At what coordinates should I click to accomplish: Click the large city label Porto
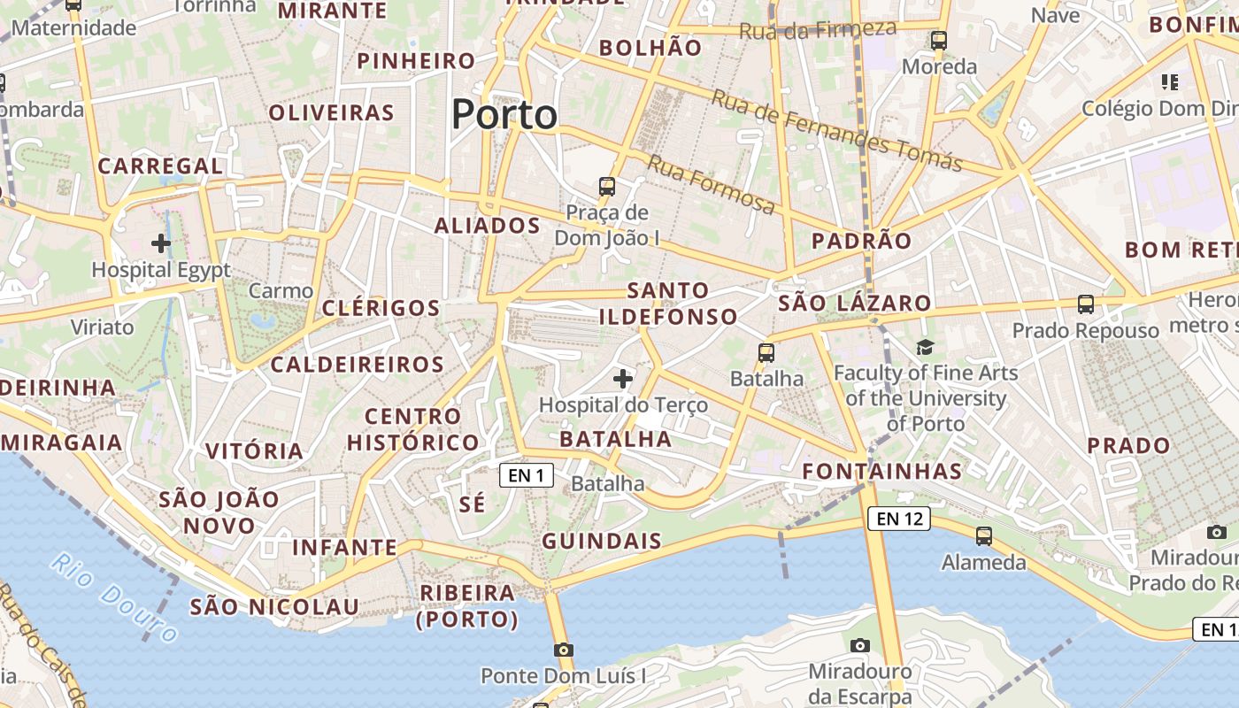pos(504,115)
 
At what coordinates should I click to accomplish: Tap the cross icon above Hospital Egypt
pos(161,242)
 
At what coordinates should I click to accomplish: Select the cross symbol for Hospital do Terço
pos(623,379)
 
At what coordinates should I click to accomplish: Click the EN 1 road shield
pos(526,475)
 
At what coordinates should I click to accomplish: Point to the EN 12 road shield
pos(899,519)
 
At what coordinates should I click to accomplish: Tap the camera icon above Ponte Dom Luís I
pos(564,650)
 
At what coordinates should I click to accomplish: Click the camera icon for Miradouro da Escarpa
pos(859,645)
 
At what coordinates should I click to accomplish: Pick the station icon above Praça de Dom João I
pos(607,186)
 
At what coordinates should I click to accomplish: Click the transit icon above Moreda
pos(939,41)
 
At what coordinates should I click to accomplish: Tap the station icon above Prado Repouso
pos(1086,304)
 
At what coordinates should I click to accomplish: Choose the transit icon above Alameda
pos(983,535)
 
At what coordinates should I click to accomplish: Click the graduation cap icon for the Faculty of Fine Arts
pos(925,347)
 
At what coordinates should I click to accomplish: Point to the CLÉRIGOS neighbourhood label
pos(381,308)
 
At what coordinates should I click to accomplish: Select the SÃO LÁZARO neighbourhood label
pos(855,304)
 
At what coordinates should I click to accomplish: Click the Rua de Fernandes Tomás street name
pos(836,131)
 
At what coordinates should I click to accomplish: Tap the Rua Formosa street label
pos(712,184)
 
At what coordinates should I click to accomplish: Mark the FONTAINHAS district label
pos(881,471)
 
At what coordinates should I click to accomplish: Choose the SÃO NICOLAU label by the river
pos(274,607)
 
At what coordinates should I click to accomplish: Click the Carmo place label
pos(281,290)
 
